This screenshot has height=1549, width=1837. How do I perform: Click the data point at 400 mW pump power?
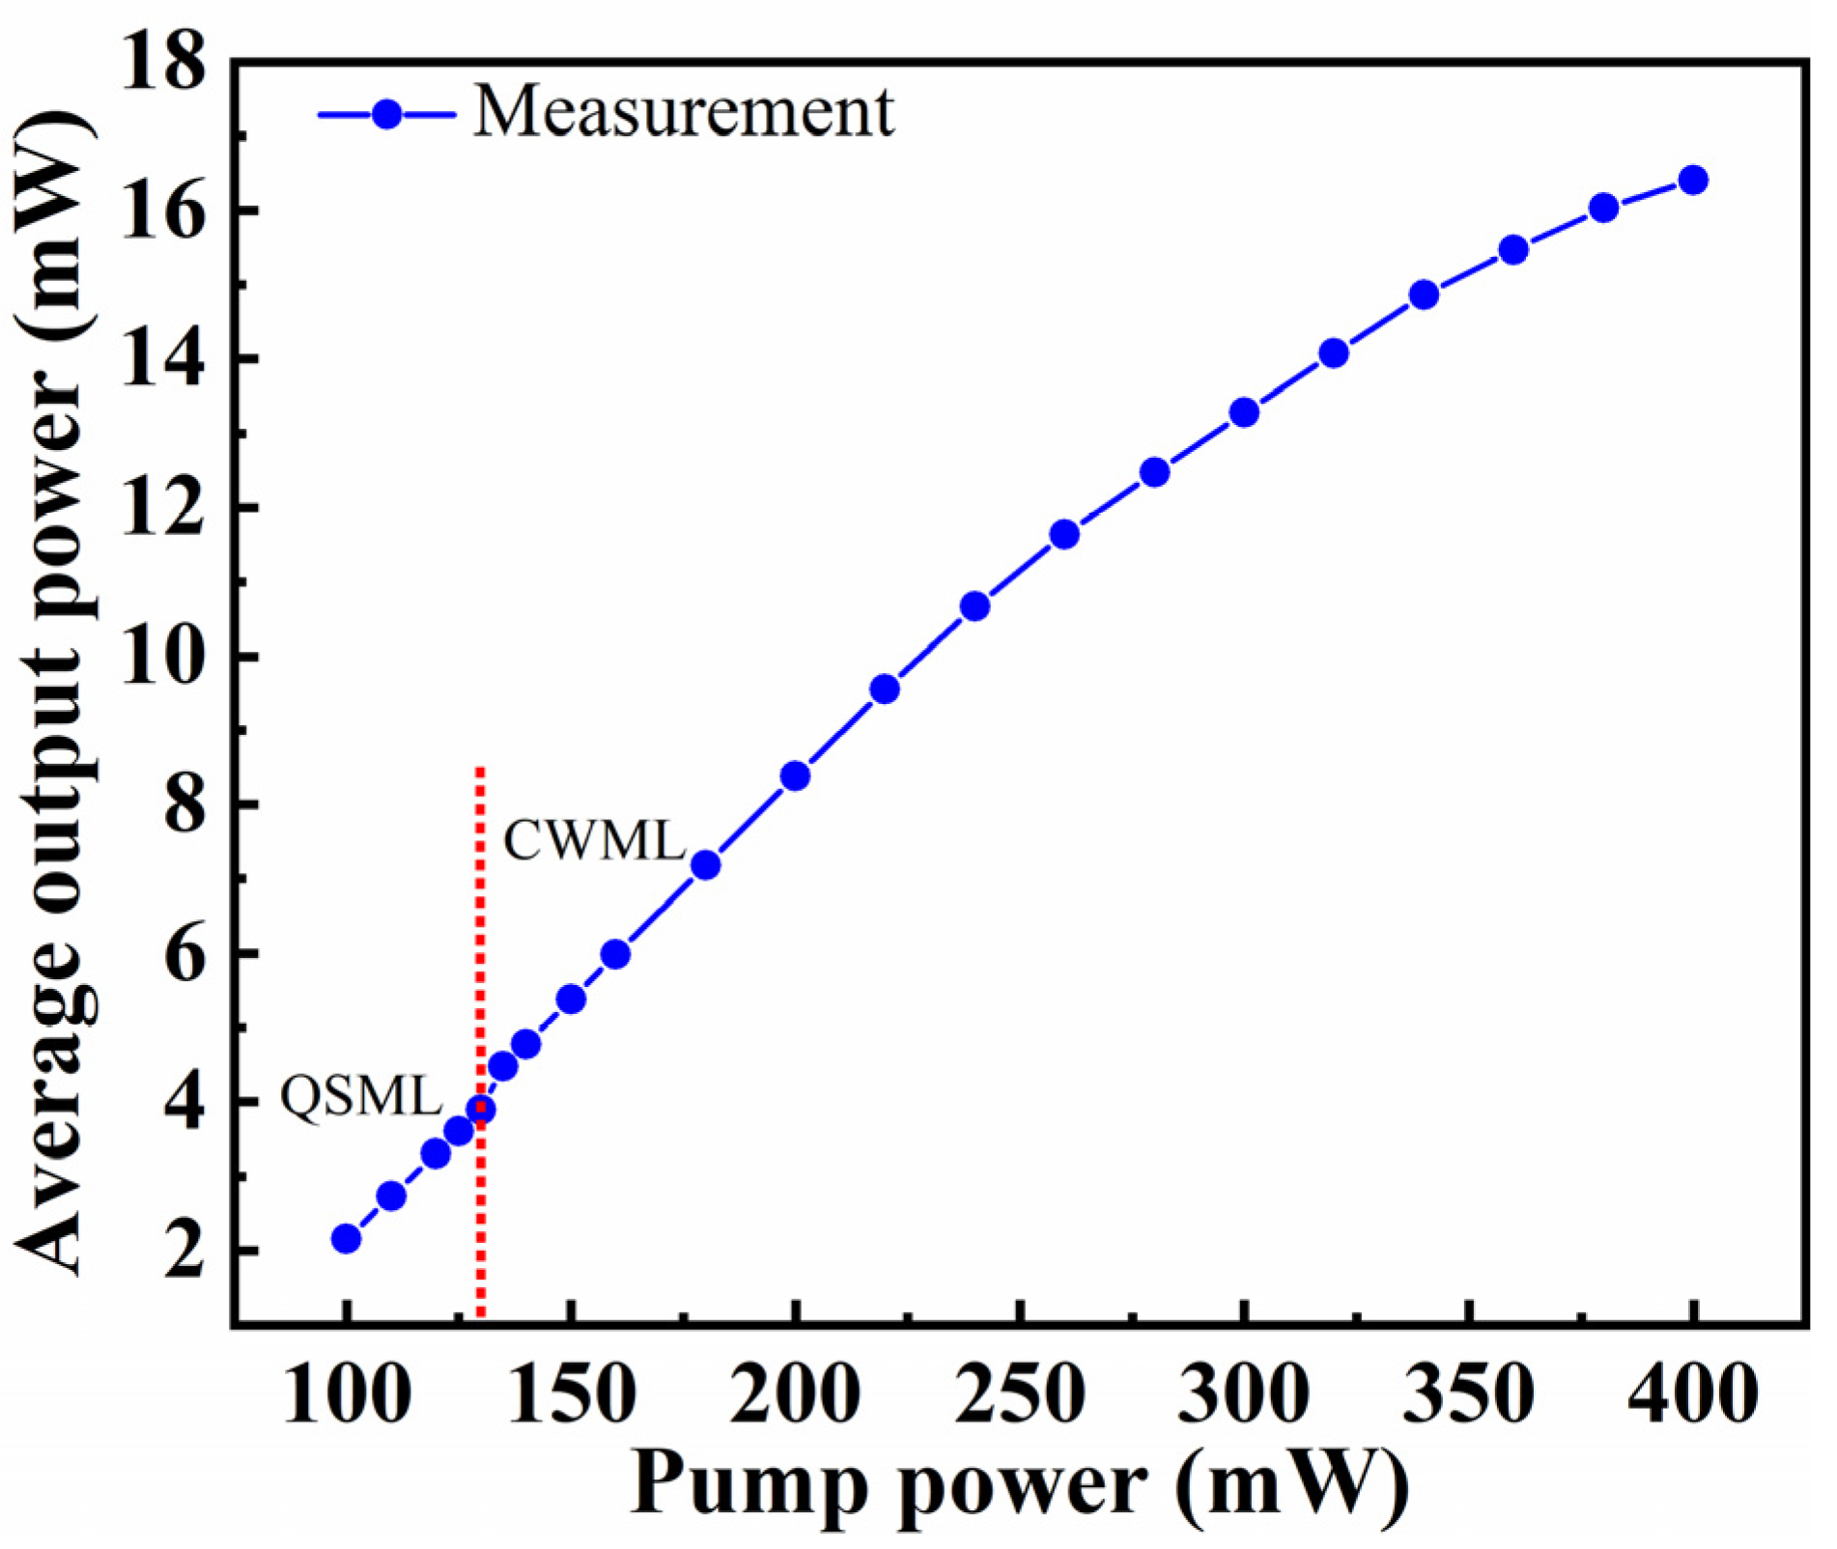click(1692, 181)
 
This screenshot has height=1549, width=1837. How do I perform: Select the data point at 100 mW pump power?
click(346, 1239)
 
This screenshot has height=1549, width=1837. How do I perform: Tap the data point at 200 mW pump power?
click(795, 775)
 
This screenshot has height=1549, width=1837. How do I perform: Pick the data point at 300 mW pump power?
click(1244, 412)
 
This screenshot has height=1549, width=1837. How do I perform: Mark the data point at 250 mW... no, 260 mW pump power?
click(1064, 534)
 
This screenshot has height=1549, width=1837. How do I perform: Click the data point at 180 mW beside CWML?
click(706, 864)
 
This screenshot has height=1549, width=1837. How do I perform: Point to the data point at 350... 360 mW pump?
click(1513, 250)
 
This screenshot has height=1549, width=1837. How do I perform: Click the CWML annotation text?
click(594, 841)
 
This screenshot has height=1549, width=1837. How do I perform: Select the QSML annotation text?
click(361, 1096)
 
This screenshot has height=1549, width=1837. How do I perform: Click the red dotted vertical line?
click(480, 966)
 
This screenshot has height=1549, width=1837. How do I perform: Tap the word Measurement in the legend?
click(684, 113)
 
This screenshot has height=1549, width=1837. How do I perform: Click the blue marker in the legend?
click(387, 114)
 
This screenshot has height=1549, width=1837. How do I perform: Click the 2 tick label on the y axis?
click(184, 1252)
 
